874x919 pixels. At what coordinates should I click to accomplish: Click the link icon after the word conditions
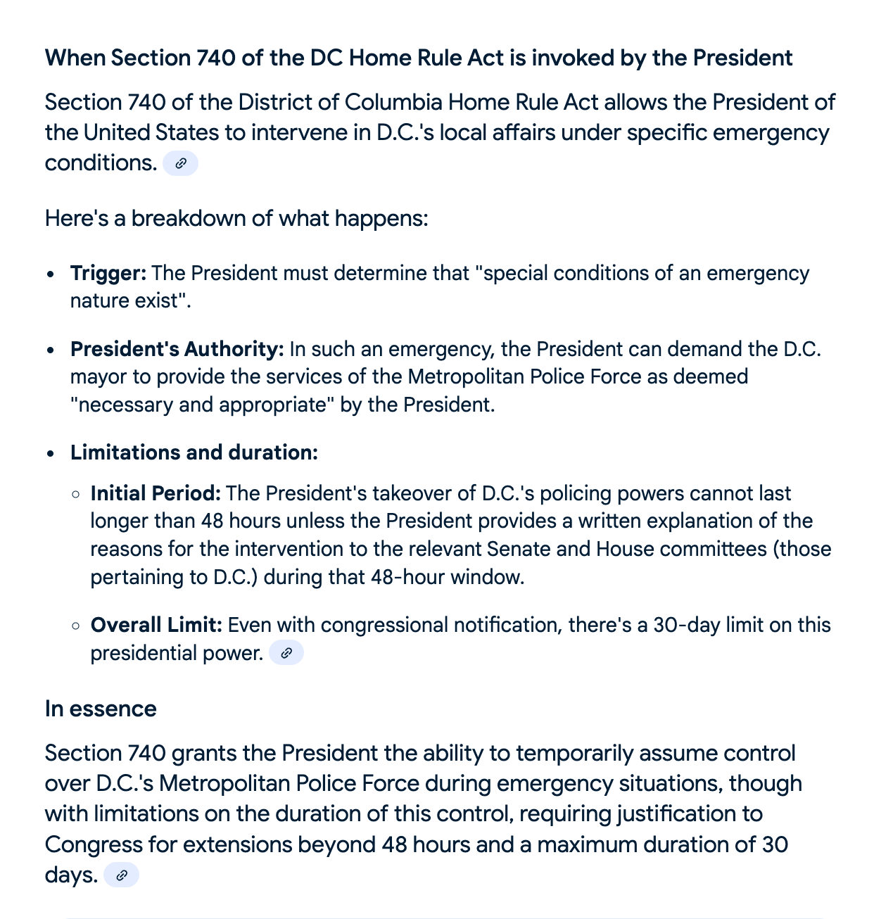coord(180,163)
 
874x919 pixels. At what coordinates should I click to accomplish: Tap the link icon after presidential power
coord(286,653)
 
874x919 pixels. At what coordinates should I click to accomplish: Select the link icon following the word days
coord(121,875)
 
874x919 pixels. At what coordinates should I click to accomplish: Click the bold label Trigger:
coord(108,273)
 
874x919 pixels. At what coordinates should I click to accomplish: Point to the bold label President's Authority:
coord(177,349)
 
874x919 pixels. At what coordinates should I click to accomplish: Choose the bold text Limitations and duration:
coord(194,452)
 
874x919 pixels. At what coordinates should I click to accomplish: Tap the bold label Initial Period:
coord(156,493)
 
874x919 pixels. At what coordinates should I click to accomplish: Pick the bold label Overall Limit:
coord(156,625)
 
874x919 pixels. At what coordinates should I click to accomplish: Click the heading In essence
coord(101,709)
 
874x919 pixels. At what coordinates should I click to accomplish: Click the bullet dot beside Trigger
coord(50,274)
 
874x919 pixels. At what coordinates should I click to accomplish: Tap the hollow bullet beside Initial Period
coord(76,494)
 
